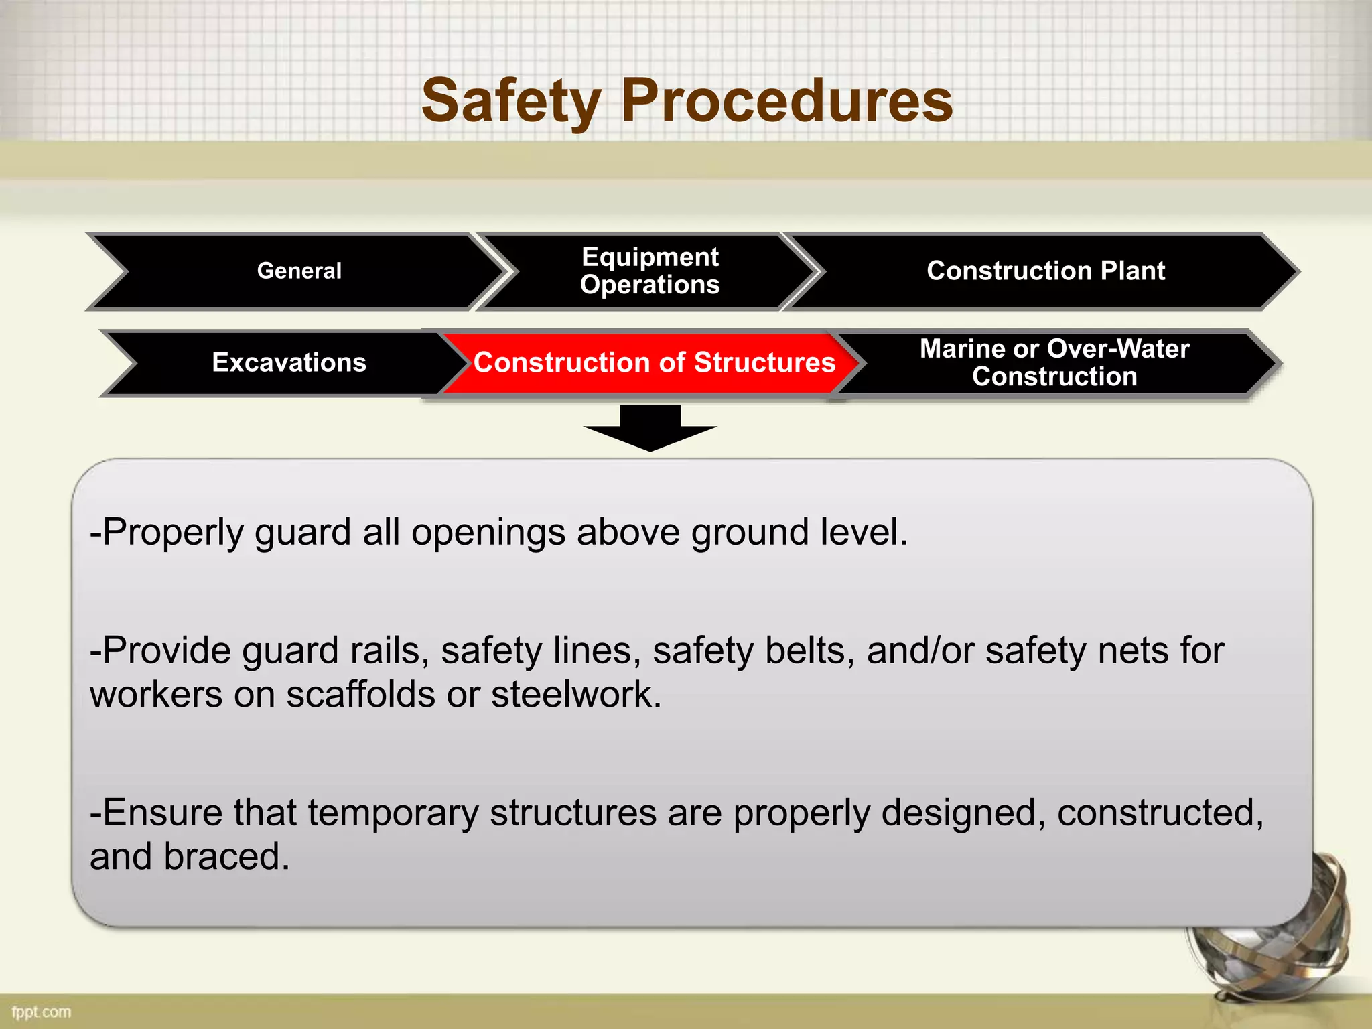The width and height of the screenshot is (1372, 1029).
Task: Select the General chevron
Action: (x=299, y=271)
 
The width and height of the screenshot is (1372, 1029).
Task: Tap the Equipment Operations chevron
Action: (x=650, y=271)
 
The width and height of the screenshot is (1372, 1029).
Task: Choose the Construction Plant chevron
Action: (x=1045, y=271)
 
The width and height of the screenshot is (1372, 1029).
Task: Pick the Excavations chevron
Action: (x=289, y=362)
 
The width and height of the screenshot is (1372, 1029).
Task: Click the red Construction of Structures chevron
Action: (x=654, y=362)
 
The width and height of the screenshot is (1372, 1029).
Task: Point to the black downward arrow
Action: (x=650, y=429)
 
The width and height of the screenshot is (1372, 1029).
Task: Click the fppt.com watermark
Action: (x=42, y=1012)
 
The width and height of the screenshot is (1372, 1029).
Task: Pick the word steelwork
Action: (x=576, y=694)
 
